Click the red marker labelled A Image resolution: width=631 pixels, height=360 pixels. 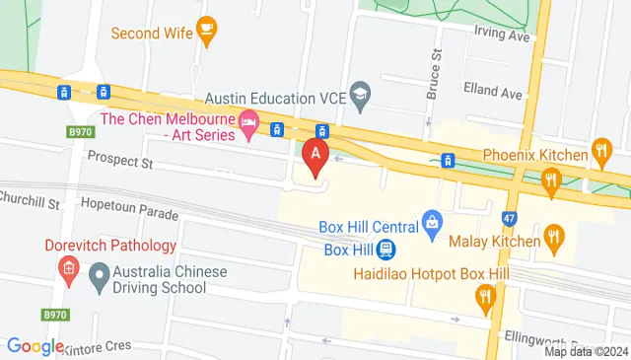click(x=315, y=156)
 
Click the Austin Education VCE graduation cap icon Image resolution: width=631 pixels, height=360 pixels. click(x=361, y=98)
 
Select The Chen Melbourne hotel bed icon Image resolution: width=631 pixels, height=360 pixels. click(x=248, y=125)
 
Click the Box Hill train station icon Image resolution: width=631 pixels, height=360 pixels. click(x=387, y=250)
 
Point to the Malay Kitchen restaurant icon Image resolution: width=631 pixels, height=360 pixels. click(x=555, y=238)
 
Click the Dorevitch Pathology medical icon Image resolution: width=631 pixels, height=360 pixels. click(x=67, y=267)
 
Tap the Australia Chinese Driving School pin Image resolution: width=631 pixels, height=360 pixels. click(x=99, y=278)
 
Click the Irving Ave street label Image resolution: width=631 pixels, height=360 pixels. click(x=503, y=34)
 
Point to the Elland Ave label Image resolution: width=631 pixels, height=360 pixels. click(x=497, y=94)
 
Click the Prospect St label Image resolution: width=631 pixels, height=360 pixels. click(x=121, y=158)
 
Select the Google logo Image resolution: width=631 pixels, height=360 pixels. click(x=35, y=346)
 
